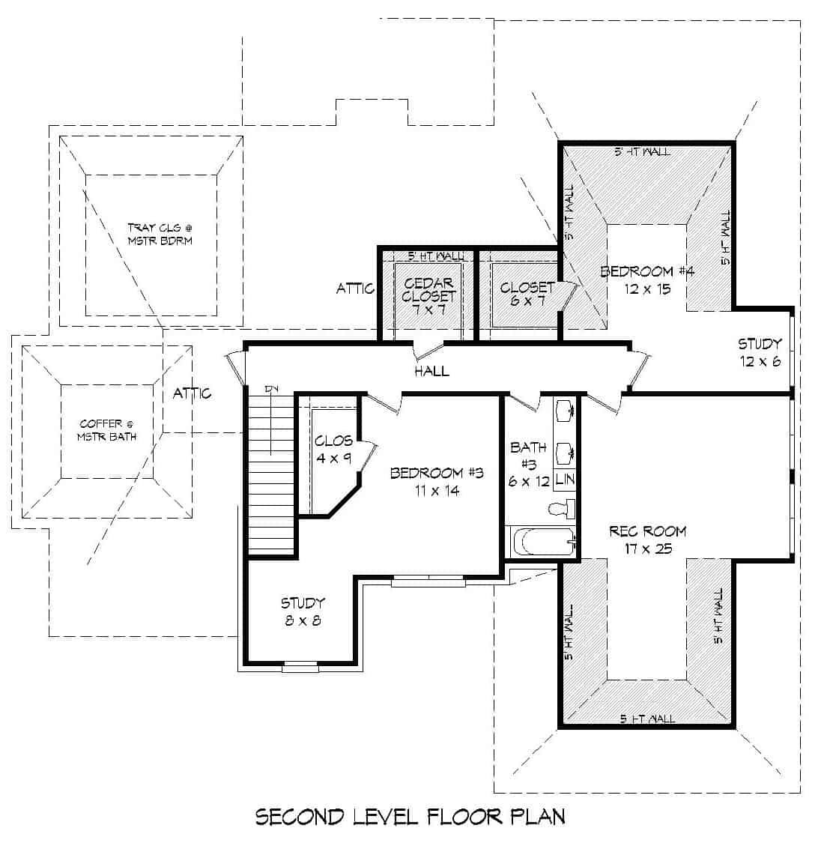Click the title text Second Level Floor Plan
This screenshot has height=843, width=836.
tap(411, 816)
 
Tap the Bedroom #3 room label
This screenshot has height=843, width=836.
tap(437, 481)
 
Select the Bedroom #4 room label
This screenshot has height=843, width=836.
tap(647, 280)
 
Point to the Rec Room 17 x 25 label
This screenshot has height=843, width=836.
tap(647, 540)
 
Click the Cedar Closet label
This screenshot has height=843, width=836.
tap(428, 295)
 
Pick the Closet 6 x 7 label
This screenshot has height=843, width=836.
tap(527, 294)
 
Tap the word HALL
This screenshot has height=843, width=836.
tap(431, 370)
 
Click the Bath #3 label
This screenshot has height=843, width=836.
tap(529, 464)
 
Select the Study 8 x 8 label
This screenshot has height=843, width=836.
tap(303, 611)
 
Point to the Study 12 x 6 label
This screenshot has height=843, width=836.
tap(760, 352)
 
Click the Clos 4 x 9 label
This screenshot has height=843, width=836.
tap(333, 449)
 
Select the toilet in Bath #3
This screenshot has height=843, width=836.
tap(561, 510)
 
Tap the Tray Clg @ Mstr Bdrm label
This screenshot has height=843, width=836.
tap(160, 233)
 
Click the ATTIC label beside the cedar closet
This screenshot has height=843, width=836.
tap(355, 288)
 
